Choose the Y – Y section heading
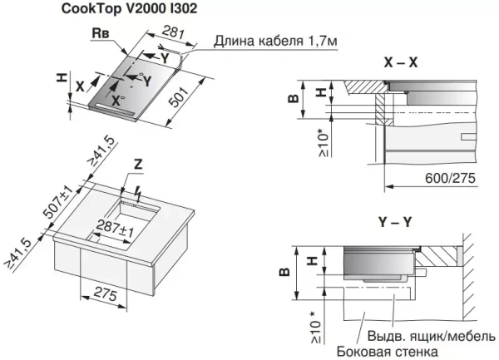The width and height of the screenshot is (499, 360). coord(400,222)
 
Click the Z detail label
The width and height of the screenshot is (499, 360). coord(139,166)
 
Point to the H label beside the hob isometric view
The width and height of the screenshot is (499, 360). coord(61,78)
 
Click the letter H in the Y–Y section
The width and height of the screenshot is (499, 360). coord(312,260)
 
